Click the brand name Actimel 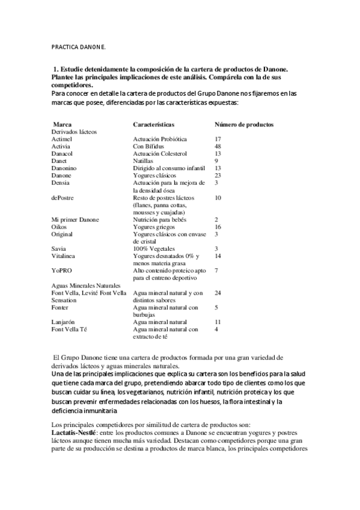(x=62, y=139)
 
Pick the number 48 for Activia (x=218, y=146)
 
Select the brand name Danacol (x=63, y=153)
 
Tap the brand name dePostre (x=63, y=197)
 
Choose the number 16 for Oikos (x=218, y=227)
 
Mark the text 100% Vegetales (x=154, y=248)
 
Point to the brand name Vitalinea (x=64, y=256)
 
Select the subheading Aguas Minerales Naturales (x=87, y=285)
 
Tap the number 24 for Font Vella (x=218, y=292)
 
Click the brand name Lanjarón (x=63, y=322)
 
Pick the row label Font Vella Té (x=70, y=329)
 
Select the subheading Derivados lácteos (x=75, y=131)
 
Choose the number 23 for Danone (x=218, y=175)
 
